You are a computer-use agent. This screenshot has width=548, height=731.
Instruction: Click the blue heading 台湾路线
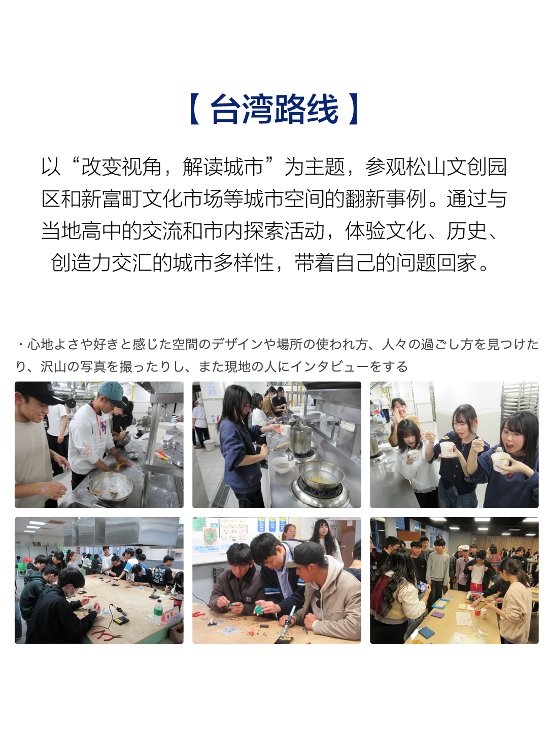tap(274, 110)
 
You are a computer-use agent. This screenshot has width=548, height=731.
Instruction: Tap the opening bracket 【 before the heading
tap(195, 109)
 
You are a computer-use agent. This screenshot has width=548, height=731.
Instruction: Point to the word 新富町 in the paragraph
tap(111, 199)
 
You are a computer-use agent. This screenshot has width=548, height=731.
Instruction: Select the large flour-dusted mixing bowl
tap(111, 487)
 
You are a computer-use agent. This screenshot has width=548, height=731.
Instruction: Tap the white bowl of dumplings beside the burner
tap(282, 464)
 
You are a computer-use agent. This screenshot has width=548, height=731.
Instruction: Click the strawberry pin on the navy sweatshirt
tap(510, 475)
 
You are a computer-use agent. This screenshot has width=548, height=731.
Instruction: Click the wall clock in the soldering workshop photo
tap(31, 537)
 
